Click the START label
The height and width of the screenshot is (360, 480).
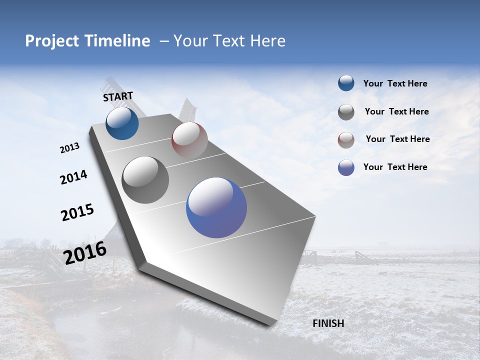118,96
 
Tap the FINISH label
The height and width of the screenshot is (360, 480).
328,323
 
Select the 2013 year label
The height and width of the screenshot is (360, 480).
69,148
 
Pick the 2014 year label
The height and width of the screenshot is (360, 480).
73,177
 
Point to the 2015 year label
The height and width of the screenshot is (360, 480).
77,212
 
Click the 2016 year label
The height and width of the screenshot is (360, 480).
85,252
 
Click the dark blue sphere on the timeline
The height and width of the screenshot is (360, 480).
122,123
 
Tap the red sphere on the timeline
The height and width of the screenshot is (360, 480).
189,139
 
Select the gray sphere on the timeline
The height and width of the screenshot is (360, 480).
145,180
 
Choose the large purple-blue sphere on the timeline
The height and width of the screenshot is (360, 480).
216,207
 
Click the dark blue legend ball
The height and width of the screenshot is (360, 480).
346,83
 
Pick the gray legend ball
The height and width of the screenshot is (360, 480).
346,112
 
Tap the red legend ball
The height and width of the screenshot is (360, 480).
346,140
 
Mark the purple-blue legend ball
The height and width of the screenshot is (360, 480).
346,167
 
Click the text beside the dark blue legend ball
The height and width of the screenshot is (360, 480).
395,84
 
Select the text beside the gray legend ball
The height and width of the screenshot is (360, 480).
396,112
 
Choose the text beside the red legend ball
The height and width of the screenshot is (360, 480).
397,139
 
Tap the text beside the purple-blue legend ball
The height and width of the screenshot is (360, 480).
395,167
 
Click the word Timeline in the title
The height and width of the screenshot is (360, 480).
117,41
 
